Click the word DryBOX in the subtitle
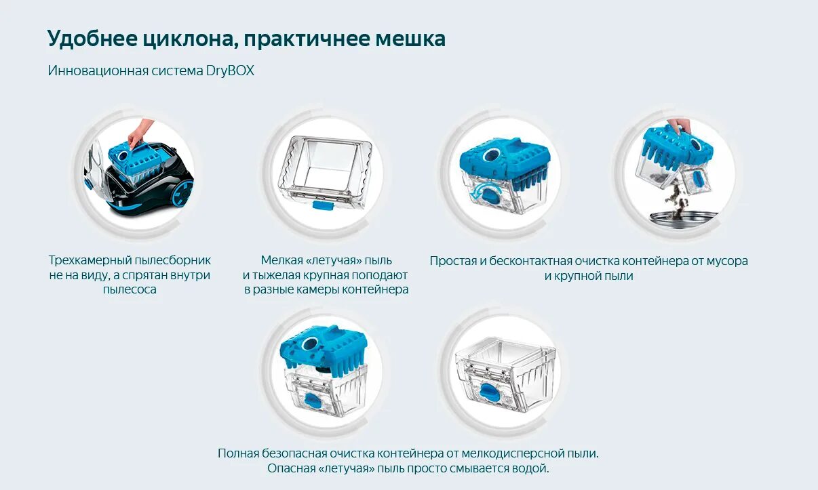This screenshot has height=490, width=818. coord(230,70)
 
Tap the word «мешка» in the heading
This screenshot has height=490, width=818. coord(410,39)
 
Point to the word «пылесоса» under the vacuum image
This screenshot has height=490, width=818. coord(130,289)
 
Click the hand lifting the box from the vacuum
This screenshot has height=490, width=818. coord(140,130)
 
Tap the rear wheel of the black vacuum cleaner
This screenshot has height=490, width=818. coord(182,194)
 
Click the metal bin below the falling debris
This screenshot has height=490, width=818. coord(681,220)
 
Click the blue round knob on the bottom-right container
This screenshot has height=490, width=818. coord(490,392)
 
